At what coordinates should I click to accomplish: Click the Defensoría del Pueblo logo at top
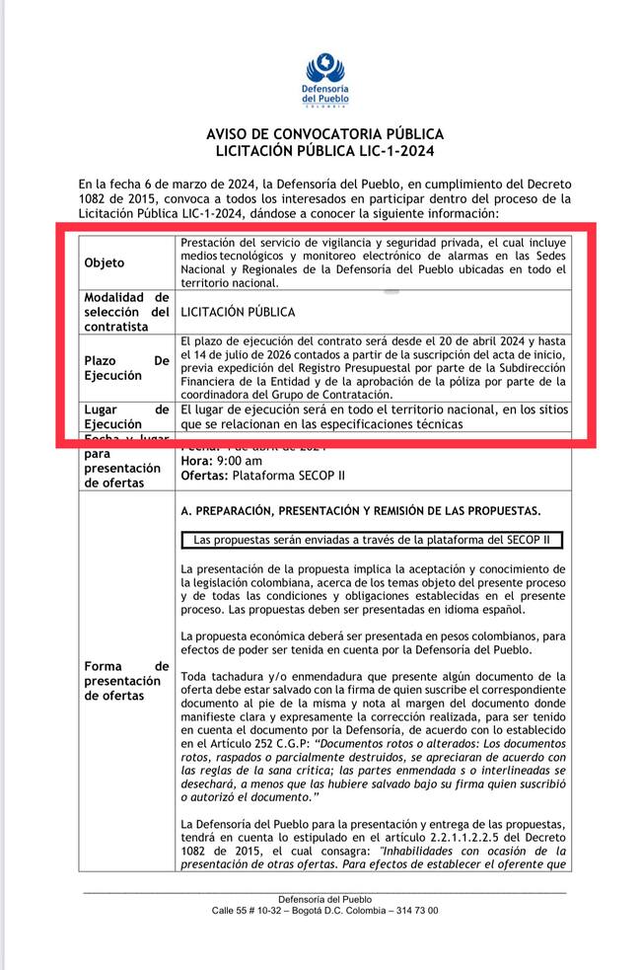324,80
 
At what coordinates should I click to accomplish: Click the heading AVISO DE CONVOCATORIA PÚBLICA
324,134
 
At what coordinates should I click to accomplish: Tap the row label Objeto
105,263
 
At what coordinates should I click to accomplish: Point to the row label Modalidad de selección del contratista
127,312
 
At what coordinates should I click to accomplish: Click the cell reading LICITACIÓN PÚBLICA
238,312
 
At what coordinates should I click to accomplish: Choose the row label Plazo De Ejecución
127,368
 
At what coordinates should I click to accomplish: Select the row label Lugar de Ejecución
127,416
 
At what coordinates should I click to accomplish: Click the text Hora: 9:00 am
222,461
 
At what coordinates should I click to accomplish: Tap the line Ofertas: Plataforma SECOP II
263,476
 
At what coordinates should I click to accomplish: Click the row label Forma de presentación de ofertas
127,681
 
